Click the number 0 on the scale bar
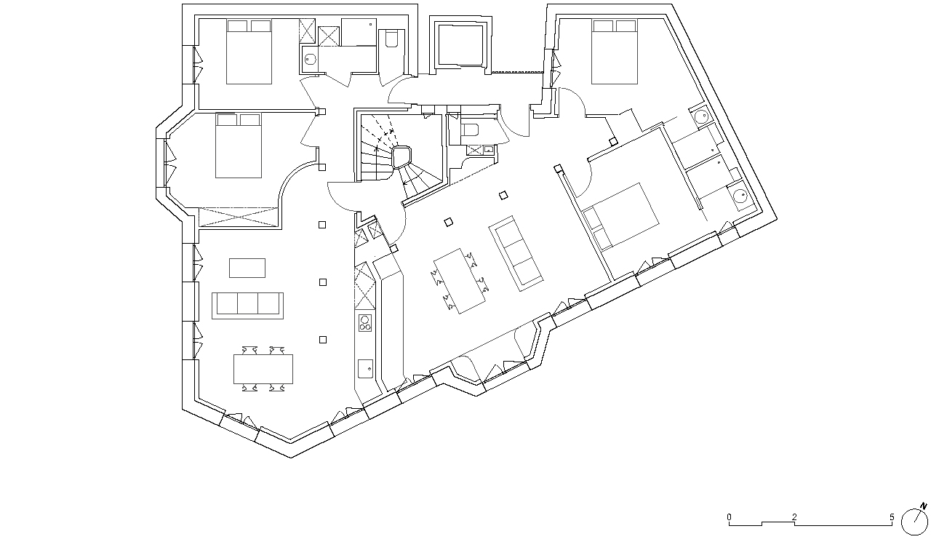pyautogui.click(x=729, y=517)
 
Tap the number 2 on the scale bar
pyautogui.click(x=794, y=517)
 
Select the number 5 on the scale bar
pyautogui.click(x=892, y=517)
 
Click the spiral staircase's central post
pyautogui.click(x=402, y=157)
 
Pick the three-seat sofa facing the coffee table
pyautogui.click(x=248, y=306)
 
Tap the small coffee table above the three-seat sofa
pyautogui.click(x=247, y=268)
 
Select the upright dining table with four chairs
pyautogui.click(x=263, y=369)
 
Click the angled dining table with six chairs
pyautogui.click(x=459, y=281)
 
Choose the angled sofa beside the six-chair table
pyautogui.click(x=516, y=253)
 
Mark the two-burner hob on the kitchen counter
pyautogui.click(x=365, y=322)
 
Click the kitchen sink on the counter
pyautogui.click(x=365, y=369)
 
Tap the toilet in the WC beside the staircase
pyautogui.click(x=469, y=130)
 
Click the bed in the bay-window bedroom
pyautogui.click(x=239, y=146)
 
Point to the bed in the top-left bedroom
pyautogui.click(x=249, y=52)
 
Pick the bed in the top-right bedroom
pyautogui.click(x=615, y=52)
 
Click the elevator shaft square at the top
pyautogui.click(x=461, y=45)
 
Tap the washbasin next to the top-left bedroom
pyautogui.click(x=310, y=59)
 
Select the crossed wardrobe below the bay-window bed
pyautogui.click(x=239, y=217)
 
